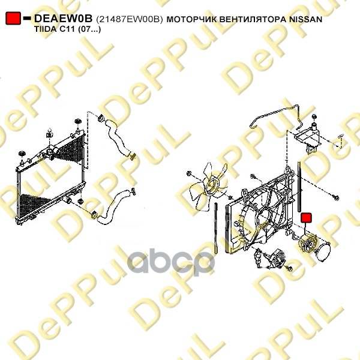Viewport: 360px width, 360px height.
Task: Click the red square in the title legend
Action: pos(13,19)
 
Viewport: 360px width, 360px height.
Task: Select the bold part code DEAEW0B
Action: pos(64,19)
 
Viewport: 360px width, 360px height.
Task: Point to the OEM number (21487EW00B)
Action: pos(130,19)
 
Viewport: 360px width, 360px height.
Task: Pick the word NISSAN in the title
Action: pos(306,19)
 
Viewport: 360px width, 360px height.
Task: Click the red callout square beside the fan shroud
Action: pos(306,218)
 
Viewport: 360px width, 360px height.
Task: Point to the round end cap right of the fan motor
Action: pos(323,251)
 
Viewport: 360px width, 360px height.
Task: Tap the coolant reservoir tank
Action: pos(308,137)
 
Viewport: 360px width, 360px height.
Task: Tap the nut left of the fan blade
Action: pos(189,173)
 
